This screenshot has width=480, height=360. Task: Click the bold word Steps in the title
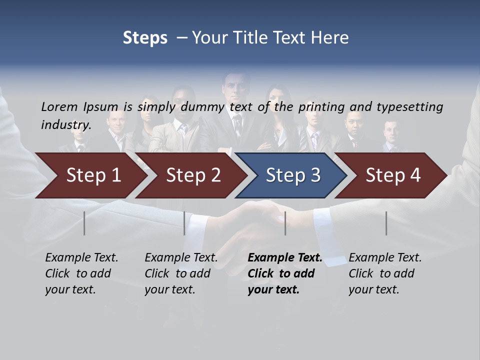pos(145,38)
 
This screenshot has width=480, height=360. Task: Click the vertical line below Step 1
pos(84,223)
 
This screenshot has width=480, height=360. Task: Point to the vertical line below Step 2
pos(184,223)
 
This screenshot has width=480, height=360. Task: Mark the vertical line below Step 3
pos(285,223)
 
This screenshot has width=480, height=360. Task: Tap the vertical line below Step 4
pos(386,223)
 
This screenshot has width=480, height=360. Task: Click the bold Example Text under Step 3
pos(285,273)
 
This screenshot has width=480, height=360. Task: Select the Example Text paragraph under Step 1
pos(81,273)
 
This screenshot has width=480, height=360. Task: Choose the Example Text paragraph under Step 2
pos(181,273)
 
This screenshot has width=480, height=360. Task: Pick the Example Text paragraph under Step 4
pos(385,273)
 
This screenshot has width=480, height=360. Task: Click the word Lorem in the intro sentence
pos(59,106)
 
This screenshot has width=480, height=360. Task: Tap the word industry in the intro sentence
pos(66,125)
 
